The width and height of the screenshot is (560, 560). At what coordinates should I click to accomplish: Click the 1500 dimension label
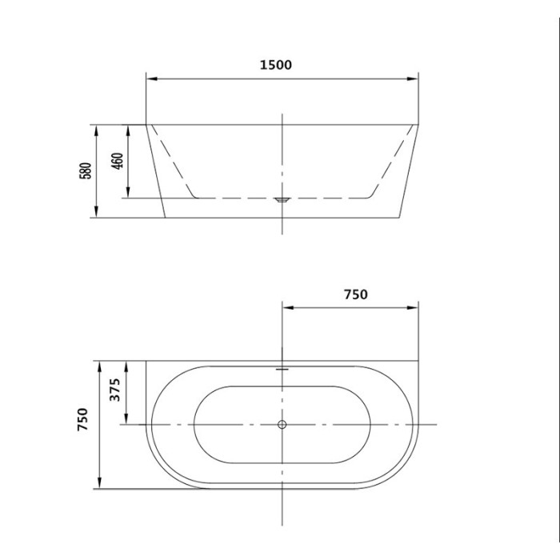pyautogui.click(x=275, y=65)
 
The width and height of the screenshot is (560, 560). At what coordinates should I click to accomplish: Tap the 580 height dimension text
pyautogui.click(x=86, y=170)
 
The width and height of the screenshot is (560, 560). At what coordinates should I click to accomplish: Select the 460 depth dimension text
pyautogui.click(x=118, y=161)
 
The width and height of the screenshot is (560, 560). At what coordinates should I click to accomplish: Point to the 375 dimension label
pyautogui.click(x=114, y=390)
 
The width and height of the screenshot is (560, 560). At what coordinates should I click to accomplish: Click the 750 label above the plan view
pyautogui.click(x=356, y=294)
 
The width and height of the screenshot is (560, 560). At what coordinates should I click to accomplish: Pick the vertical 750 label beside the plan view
pyautogui.click(x=82, y=419)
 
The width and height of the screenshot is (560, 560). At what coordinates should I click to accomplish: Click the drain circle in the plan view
pyautogui.click(x=282, y=424)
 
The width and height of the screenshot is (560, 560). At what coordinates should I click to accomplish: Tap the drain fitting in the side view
pyautogui.click(x=282, y=200)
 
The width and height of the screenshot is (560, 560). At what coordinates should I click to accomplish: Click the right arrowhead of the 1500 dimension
pyautogui.click(x=413, y=78)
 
